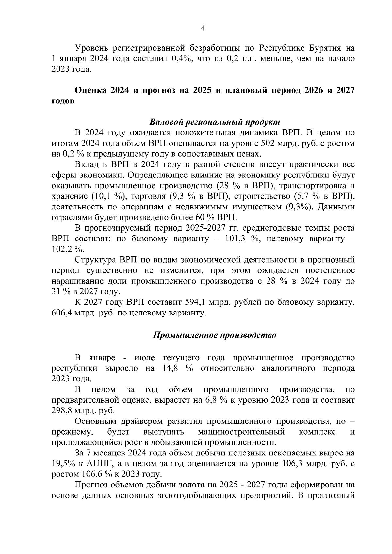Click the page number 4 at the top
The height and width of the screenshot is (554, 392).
click(203, 28)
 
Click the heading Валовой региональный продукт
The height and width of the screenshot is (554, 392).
click(215, 122)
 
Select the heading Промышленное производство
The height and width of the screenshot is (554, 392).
click(215, 335)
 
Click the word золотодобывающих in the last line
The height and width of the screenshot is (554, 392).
click(197, 496)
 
